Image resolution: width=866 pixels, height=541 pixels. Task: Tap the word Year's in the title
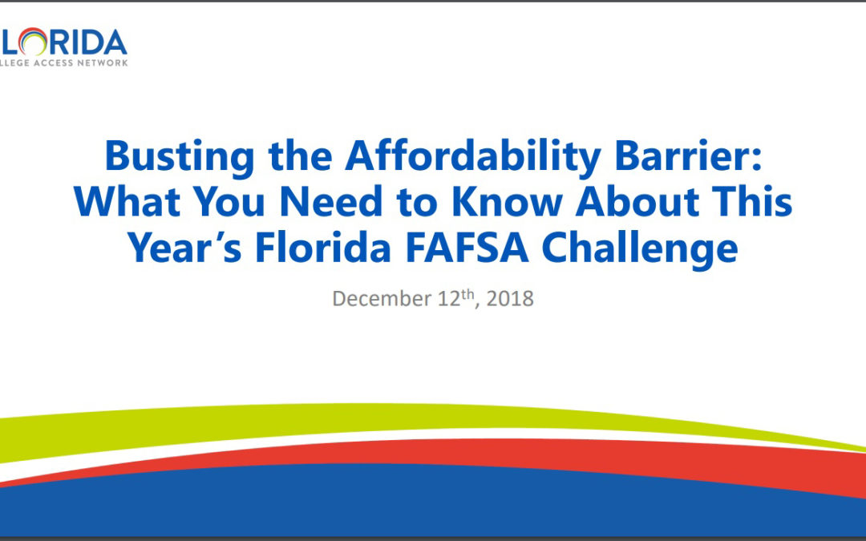186,248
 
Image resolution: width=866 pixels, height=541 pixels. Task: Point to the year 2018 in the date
511,299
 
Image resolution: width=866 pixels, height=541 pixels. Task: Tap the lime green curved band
241,425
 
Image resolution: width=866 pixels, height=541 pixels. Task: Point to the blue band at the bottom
401,505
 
